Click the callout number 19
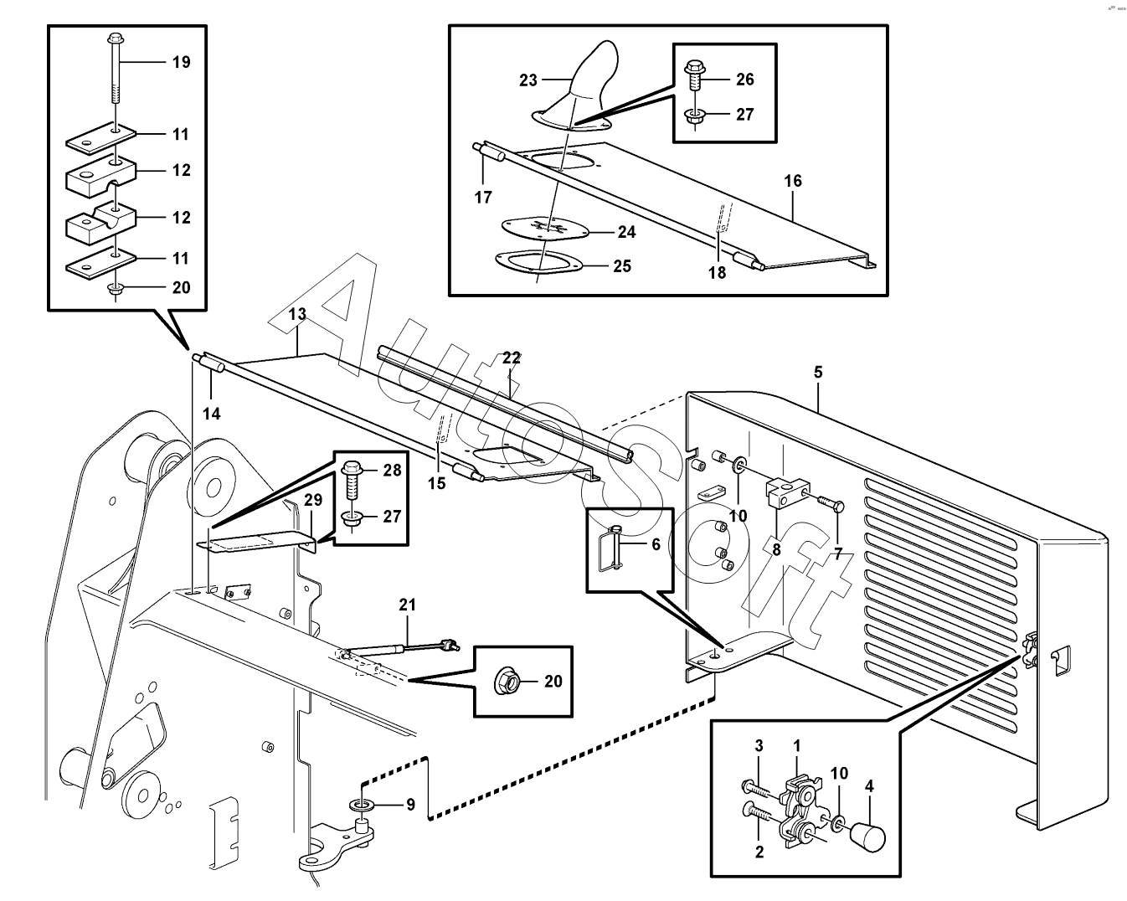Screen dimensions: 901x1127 coord(181,62)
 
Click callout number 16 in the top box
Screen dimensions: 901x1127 coord(793,181)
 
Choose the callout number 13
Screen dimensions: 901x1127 coord(298,315)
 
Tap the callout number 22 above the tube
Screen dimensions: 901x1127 coord(512,358)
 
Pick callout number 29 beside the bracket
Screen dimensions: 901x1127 coord(313,501)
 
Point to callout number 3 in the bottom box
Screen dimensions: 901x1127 coord(759,746)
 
